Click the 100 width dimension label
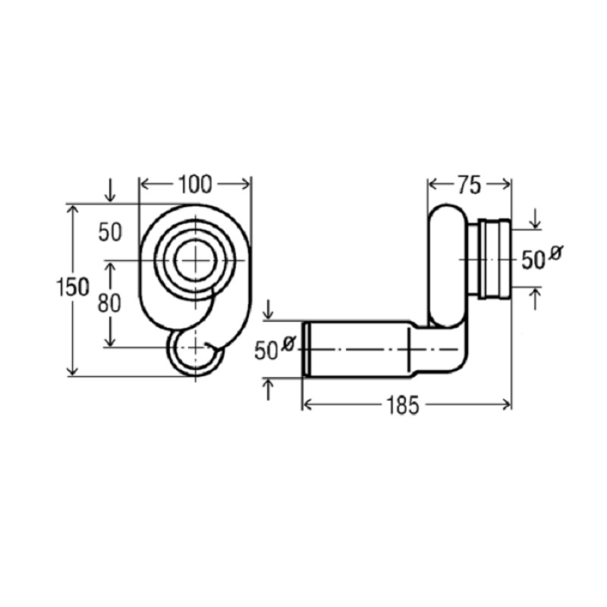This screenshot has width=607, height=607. pos(195,184)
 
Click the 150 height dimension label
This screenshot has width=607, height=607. pos(73,287)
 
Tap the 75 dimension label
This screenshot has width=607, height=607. pos(469,185)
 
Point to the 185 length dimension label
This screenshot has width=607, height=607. pos(403,405)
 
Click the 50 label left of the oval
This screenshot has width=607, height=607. pos(110,232)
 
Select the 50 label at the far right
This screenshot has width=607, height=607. pos(533,259)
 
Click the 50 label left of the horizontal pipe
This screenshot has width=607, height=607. pos(266,351)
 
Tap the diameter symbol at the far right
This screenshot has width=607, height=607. pos(556,253)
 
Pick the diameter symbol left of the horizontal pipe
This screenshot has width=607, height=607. pos(289,344)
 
